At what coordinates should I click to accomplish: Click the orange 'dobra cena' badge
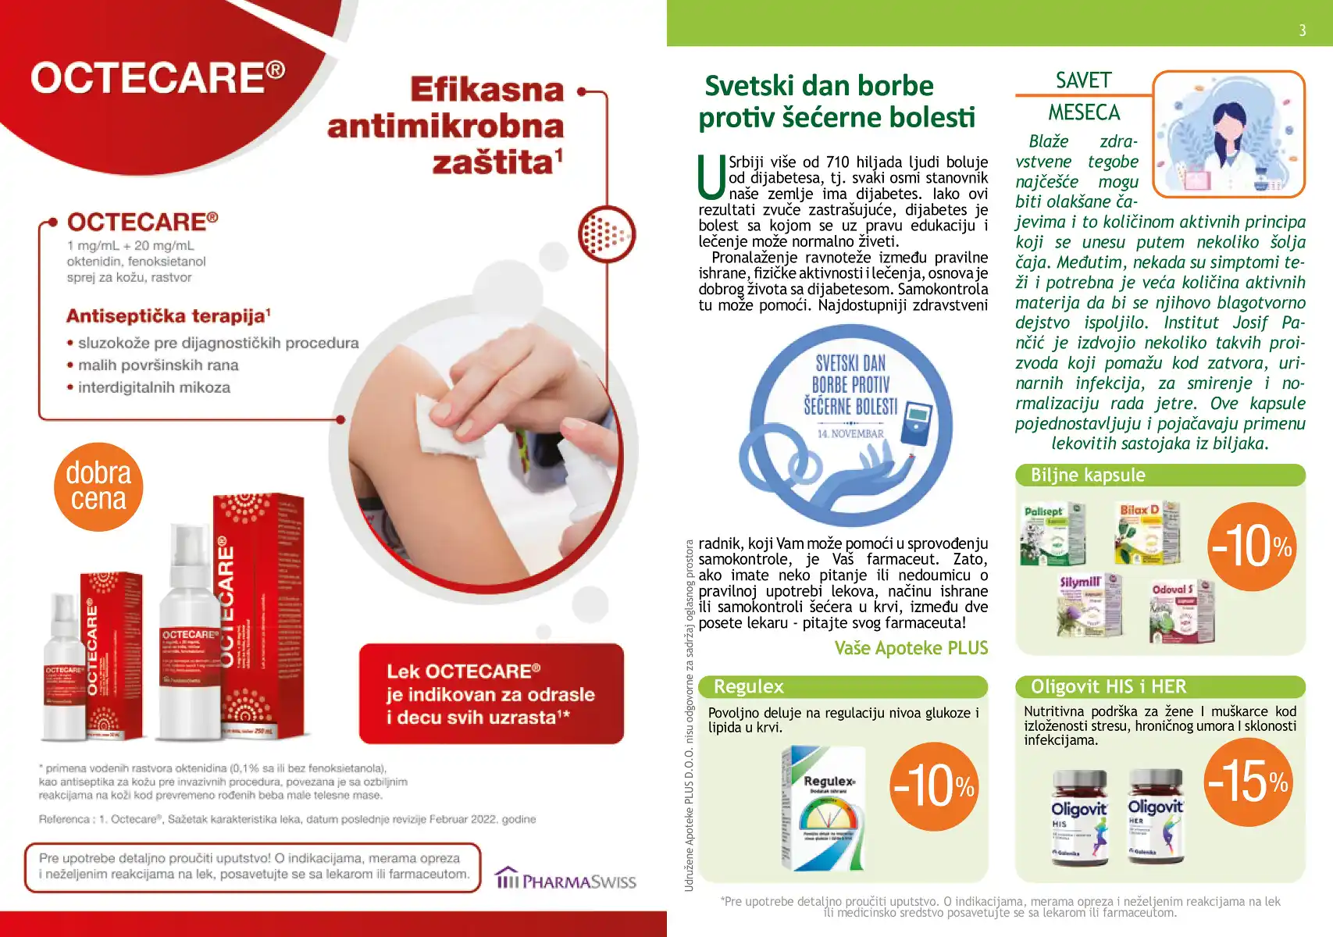point(98,486)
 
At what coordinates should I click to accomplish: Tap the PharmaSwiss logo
point(566,879)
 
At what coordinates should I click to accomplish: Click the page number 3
point(1302,30)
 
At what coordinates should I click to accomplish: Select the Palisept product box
point(1051,534)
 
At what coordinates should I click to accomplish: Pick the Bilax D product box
point(1146,532)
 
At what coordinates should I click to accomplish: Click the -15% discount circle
point(1248,782)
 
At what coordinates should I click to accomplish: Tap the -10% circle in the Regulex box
point(934,786)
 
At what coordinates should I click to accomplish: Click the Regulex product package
point(825,808)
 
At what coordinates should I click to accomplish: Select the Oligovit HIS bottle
point(1079,816)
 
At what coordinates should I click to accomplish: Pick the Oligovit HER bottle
point(1156,814)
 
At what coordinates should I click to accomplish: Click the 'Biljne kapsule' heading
point(1088,475)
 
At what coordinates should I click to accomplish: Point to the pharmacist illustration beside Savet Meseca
point(1229,134)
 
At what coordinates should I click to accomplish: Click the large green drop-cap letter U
point(711,176)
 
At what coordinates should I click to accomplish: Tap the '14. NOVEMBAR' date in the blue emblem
point(850,433)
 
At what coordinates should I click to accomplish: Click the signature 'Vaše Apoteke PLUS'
point(911,648)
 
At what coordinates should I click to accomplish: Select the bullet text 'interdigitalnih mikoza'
point(154,387)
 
